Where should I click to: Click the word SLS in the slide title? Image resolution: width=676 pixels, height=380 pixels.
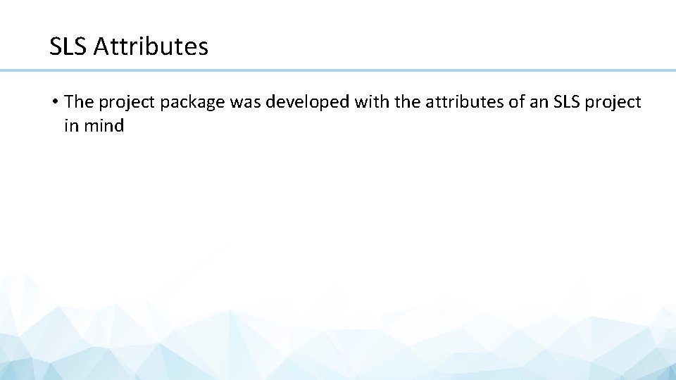(68, 47)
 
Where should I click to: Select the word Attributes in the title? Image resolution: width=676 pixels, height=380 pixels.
(151, 47)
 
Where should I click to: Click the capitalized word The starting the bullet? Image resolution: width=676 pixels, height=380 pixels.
(79, 102)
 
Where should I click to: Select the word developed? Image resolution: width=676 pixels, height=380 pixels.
(308, 103)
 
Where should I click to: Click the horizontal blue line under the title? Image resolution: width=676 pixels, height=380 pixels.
(338, 70)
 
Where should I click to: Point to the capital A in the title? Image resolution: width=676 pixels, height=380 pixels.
(99, 47)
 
